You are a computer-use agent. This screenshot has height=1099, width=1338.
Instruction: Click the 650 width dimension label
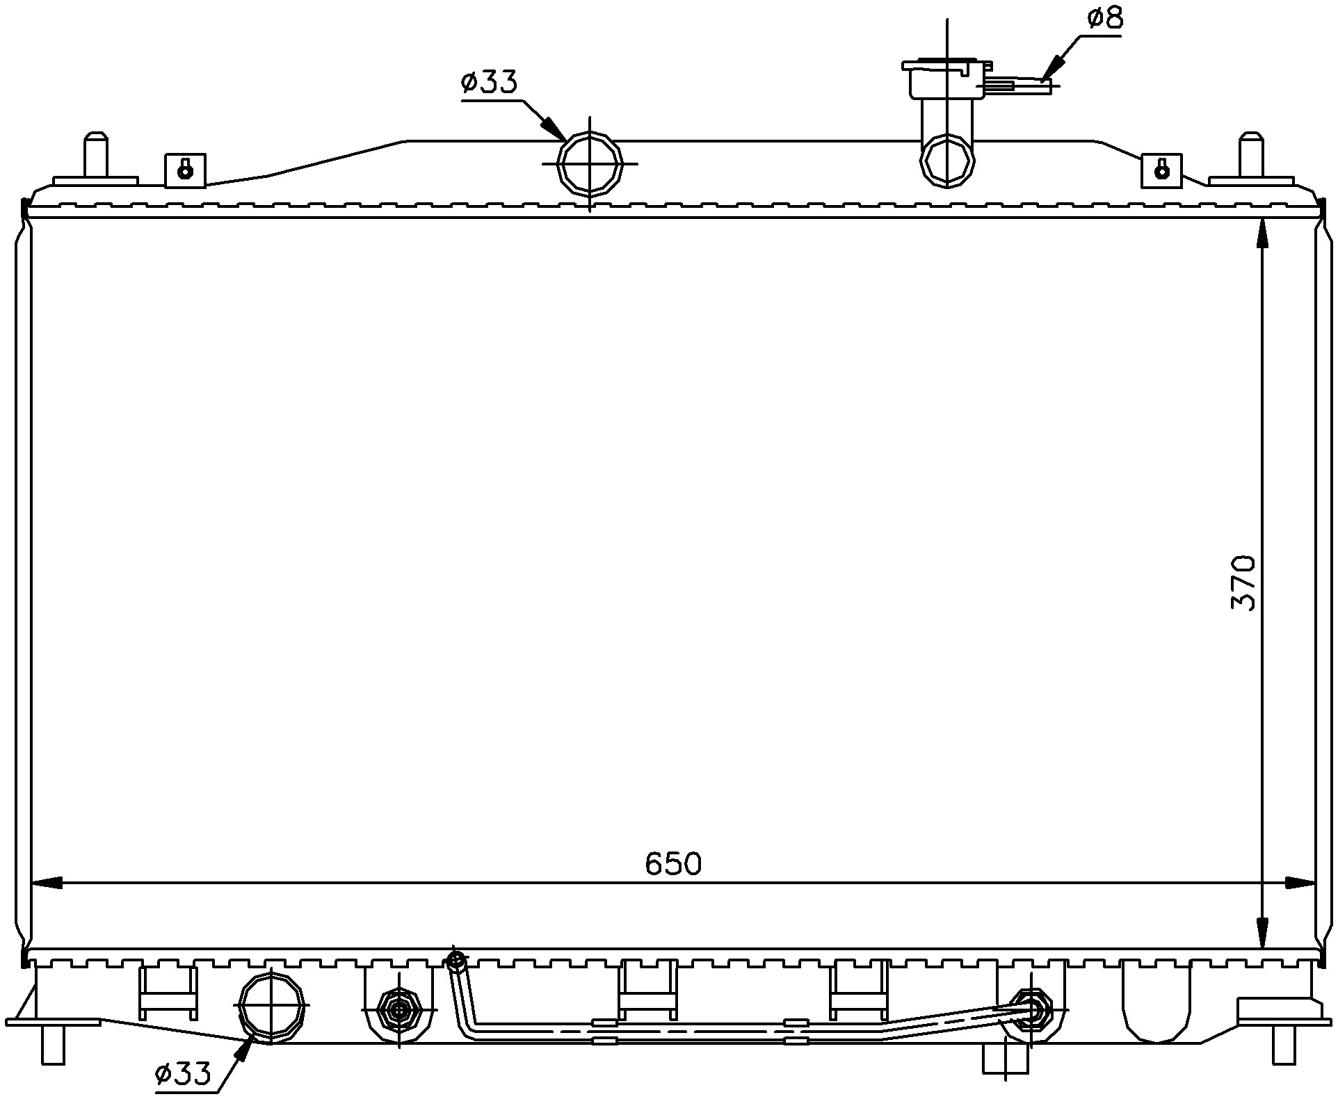coord(673,863)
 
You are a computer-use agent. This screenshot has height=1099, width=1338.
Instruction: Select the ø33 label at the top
coord(489,83)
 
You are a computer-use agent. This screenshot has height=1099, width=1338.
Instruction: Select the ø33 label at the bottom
coord(182,1075)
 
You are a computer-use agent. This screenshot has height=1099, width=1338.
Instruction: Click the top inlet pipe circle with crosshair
coord(590,164)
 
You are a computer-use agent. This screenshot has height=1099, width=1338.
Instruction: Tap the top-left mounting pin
coord(95,156)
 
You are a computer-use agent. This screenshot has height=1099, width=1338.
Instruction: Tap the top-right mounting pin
coord(1251,154)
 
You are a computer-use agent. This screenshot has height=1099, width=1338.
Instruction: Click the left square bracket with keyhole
coord(185,170)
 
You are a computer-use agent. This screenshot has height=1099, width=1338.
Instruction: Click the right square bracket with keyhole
coord(1161,170)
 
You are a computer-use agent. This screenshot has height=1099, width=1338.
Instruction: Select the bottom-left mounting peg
coord(53,1044)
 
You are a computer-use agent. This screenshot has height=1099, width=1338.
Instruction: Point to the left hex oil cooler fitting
coord(398,1009)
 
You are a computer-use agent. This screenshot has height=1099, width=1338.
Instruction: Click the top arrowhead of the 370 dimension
coord(1262,234)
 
